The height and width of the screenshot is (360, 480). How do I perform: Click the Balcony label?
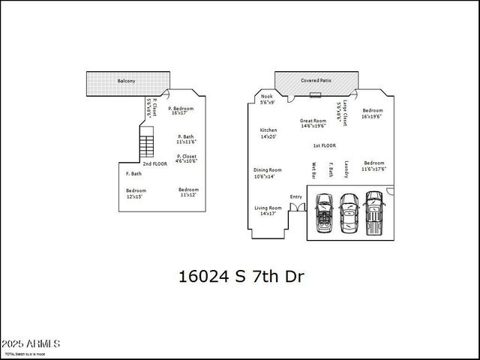click(x=126, y=80)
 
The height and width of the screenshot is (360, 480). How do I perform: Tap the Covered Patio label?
click(x=315, y=79)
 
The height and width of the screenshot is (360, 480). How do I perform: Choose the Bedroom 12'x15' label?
click(x=136, y=193)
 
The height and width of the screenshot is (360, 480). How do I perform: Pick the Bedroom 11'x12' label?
click(x=187, y=192)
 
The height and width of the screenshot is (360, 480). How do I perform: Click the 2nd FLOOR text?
click(x=155, y=163)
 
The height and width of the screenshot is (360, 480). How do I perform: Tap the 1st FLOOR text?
click(x=324, y=145)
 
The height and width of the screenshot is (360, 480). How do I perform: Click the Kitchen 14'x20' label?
click(x=268, y=133)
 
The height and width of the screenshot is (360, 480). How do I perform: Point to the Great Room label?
click(x=313, y=123)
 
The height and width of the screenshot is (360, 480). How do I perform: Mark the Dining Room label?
click(x=267, y=172)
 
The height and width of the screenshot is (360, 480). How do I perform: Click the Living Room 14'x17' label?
click(x=267, y=210)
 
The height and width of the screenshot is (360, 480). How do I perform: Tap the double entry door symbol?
click(x=296, y=205)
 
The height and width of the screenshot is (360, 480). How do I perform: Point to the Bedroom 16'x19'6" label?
click(x=372, y=113)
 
